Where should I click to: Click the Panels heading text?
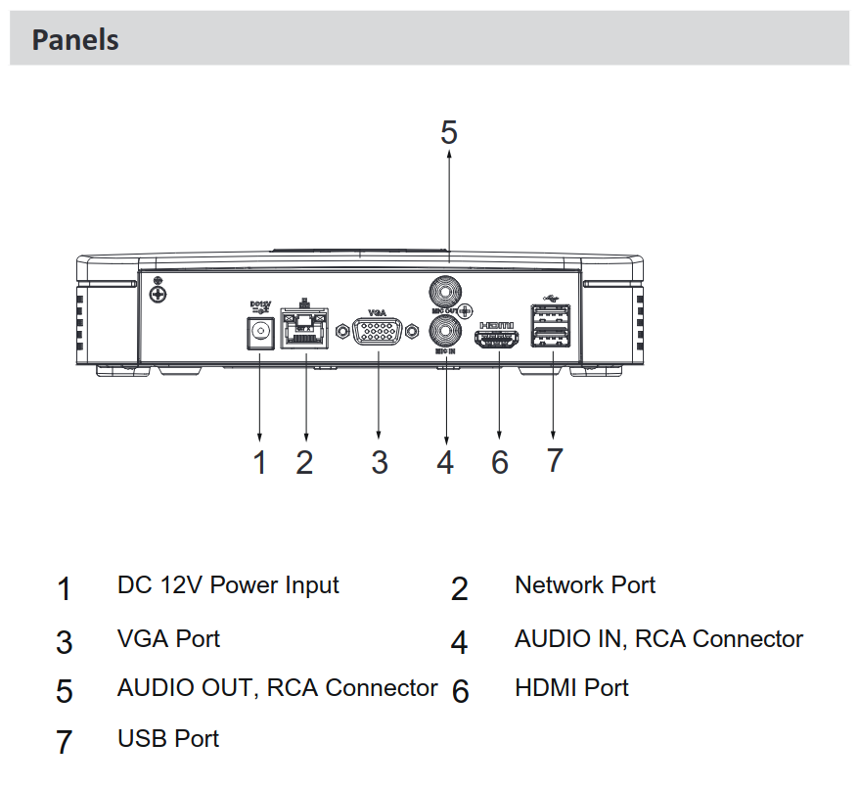point(75,40)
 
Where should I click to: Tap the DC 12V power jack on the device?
point(259,333)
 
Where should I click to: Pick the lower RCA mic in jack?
point(446,330)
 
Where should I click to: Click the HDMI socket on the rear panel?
point(499,341)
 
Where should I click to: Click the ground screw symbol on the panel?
point(157,293)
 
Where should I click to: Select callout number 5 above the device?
point(448,132)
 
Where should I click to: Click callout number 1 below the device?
point(259,462)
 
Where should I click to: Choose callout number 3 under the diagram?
point(380,462)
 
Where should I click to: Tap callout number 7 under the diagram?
point(555,460)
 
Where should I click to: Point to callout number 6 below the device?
point(500,462)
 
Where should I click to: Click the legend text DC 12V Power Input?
point(228,585)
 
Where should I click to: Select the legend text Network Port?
point(585,585)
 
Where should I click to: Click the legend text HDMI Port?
point(571,688)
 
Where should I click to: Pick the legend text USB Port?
point(168,738)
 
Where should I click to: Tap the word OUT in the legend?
point(233,688)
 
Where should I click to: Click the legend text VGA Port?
point(168,639)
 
